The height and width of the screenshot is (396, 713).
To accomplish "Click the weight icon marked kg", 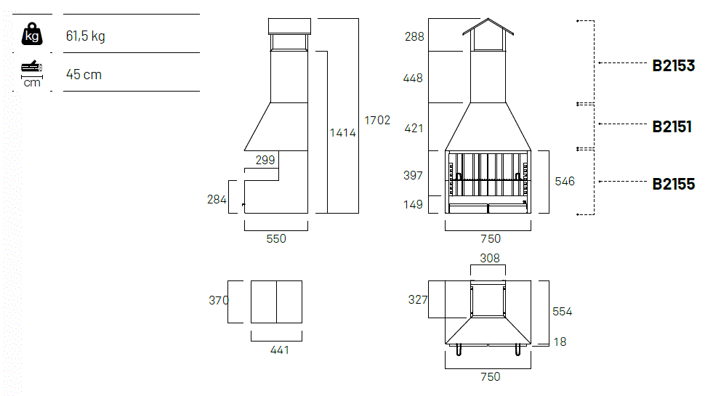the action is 32,34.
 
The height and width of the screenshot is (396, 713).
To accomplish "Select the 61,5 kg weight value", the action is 86,36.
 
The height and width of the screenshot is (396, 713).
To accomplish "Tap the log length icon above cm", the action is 31,67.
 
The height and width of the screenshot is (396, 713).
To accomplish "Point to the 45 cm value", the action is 84,75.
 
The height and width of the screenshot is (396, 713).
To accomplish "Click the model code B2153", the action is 674,65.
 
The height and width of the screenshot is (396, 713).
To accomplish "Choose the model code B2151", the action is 672,126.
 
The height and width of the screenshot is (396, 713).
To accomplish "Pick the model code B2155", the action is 674,184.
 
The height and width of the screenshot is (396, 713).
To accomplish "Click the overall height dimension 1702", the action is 377,120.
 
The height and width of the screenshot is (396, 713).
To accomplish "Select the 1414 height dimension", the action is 343,133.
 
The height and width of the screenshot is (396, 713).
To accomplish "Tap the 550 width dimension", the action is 276,239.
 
